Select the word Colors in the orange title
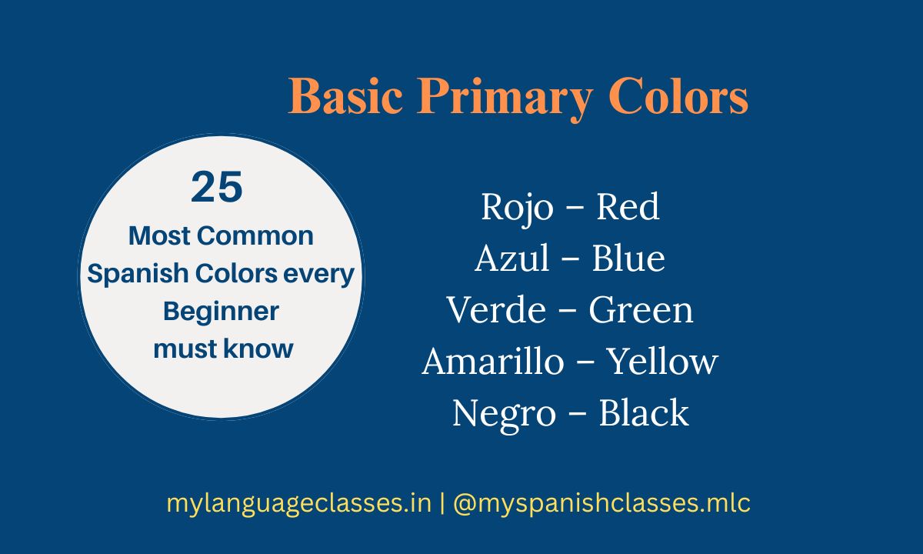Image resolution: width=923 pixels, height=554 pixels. click(x=678, y=98)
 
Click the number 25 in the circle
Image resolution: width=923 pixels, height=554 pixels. click(x=217, y=188)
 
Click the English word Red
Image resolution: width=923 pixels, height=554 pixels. click(x=628, y=207)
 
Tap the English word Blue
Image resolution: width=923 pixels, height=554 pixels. click(x=628, y=259)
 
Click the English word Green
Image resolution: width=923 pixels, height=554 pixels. click(x=641, y=310)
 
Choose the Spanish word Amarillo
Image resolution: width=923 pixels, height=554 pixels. click(x=492, y=362)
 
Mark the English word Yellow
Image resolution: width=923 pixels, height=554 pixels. click(x=662, y=362)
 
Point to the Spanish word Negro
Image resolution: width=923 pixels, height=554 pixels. click(x=503, y=413)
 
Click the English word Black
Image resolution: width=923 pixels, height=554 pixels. click(x=643, y=413)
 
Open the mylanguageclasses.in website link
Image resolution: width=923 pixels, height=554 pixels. click(x=298, y=504)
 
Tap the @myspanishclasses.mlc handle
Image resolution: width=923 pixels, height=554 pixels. click(x=601, y=504)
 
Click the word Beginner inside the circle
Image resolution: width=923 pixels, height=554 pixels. click(x=221, y=312)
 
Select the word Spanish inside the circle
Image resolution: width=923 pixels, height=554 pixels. click(x=135, y=274)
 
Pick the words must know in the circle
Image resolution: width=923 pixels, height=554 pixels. click(x=223, y=349)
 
